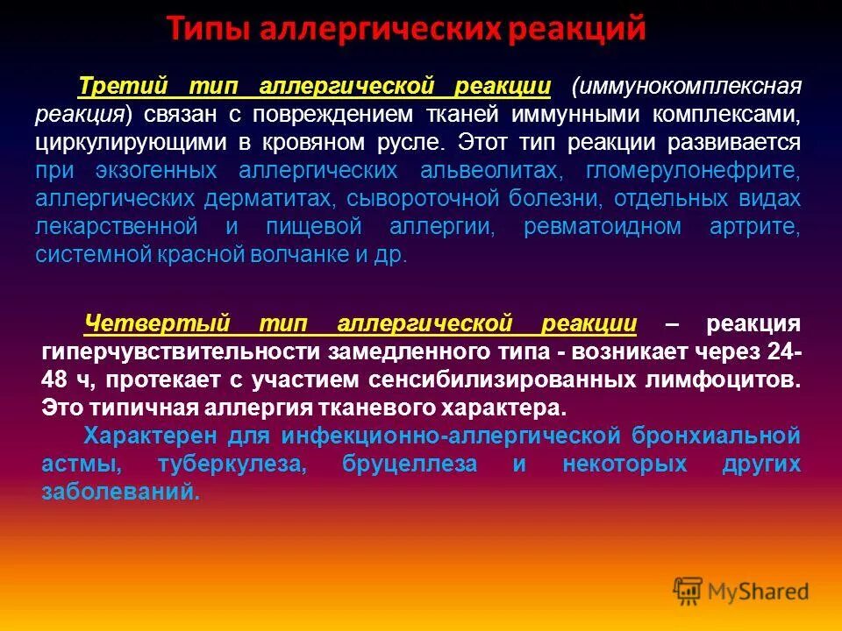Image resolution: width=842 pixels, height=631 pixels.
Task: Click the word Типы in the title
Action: click(x=208, y=28)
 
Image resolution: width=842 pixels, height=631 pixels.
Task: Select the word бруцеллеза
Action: click(x=410, y=464)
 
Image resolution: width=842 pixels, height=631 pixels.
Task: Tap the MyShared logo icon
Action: click(x=689, y=591)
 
